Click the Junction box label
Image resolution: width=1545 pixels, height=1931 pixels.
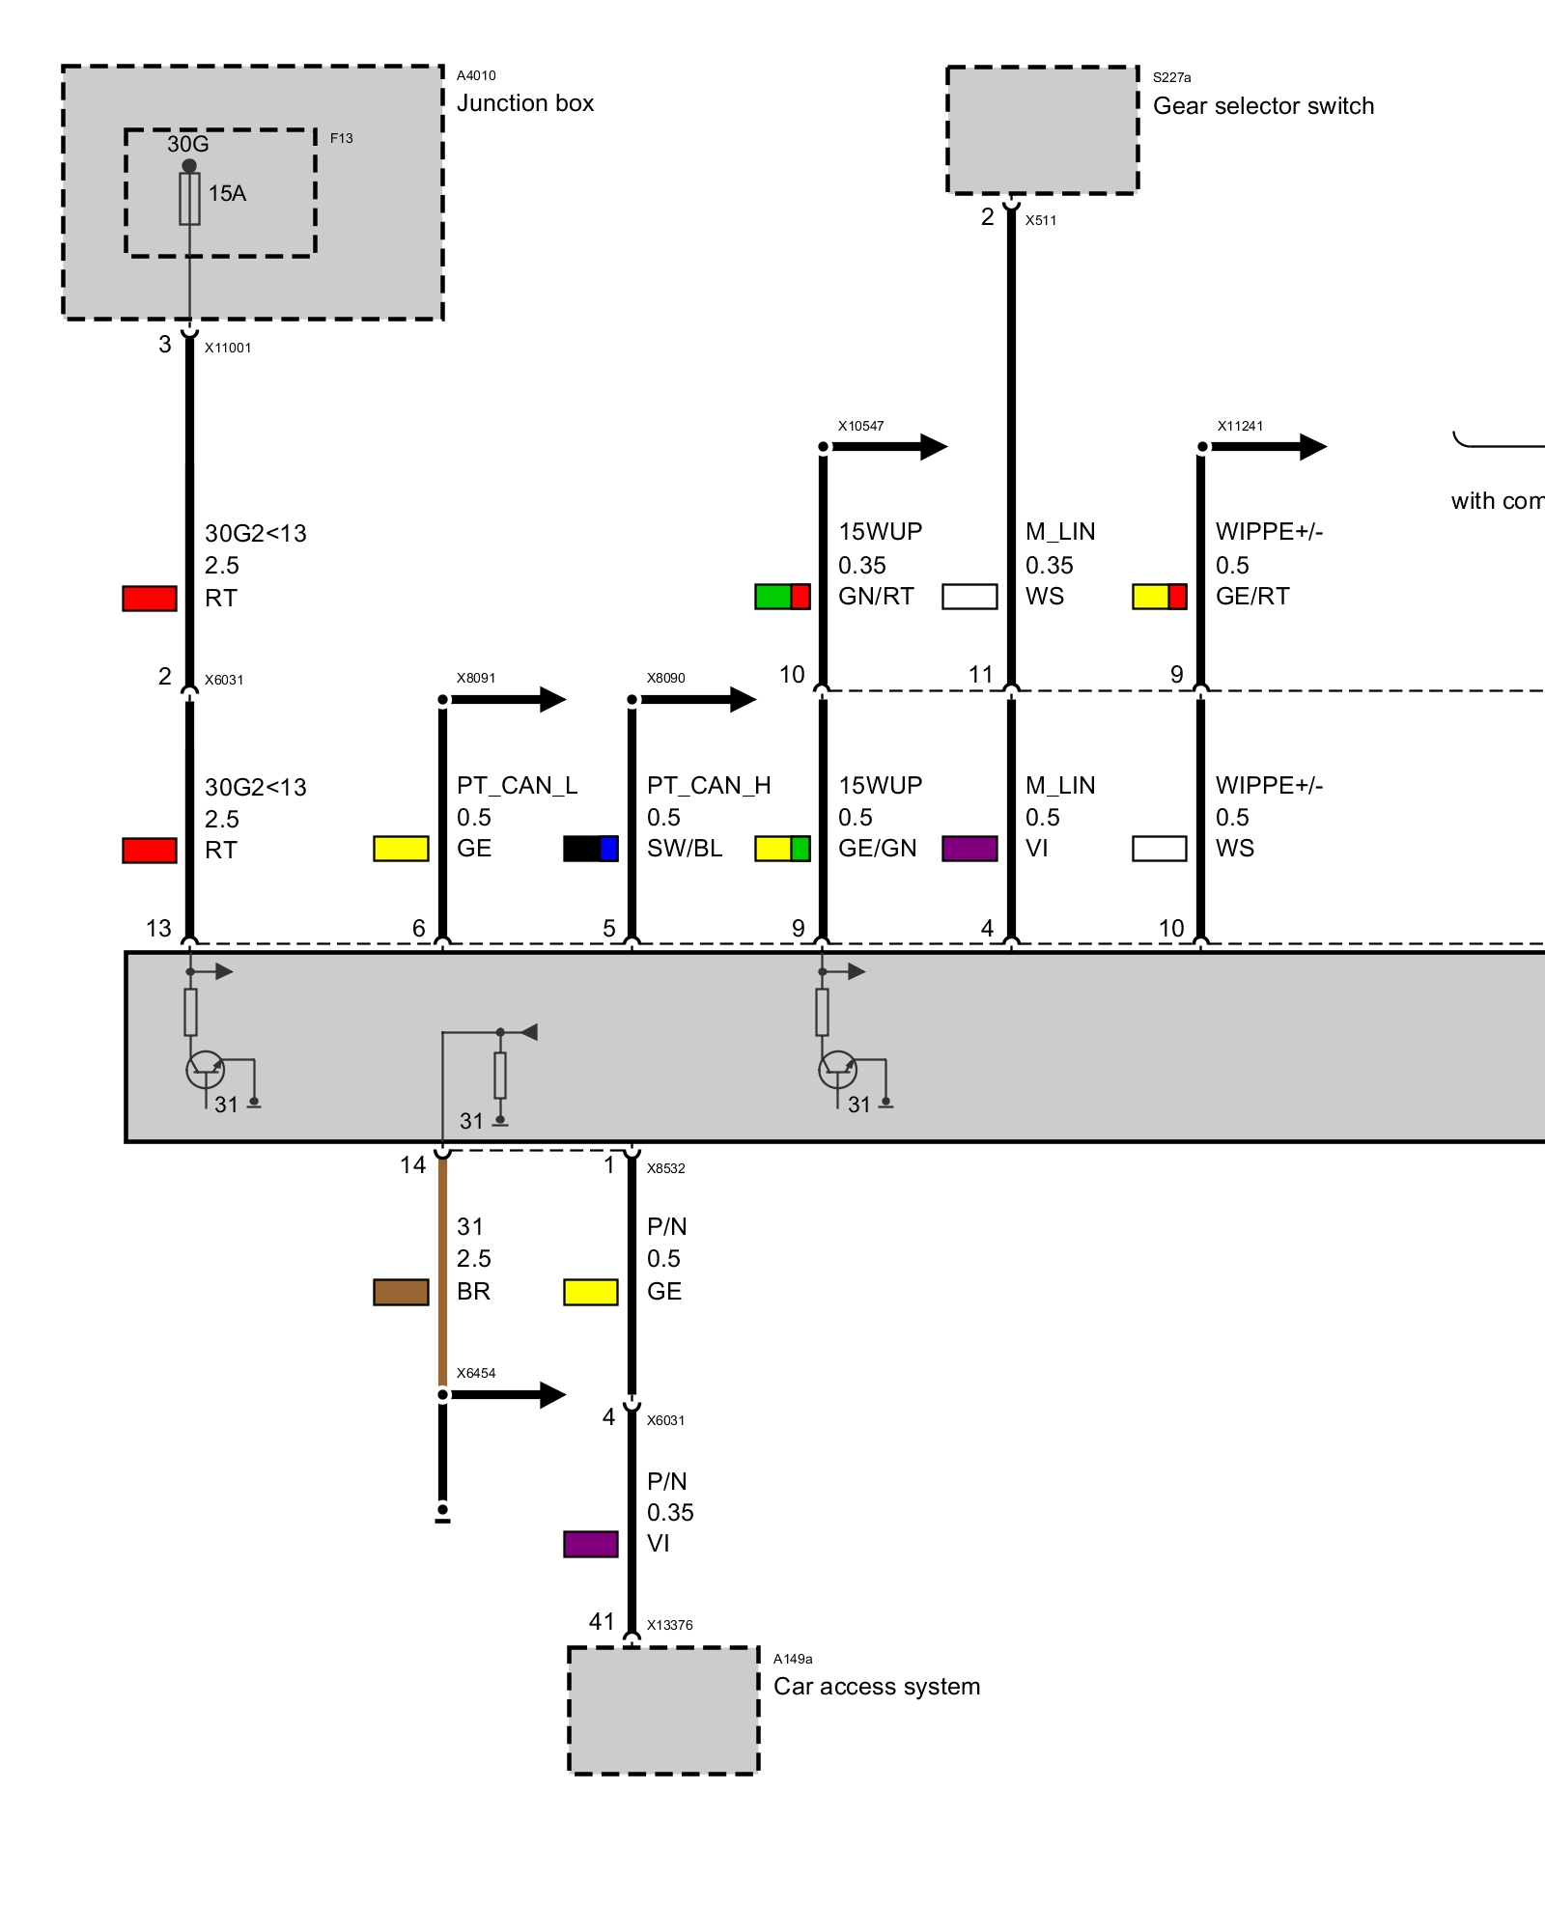524,103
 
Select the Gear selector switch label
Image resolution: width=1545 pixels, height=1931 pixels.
1263,106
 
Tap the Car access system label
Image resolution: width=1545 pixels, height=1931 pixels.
876,1687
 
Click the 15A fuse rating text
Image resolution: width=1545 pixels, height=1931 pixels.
227,193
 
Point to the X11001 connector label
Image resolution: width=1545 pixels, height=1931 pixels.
228,348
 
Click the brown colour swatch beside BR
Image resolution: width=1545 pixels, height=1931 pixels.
401,1292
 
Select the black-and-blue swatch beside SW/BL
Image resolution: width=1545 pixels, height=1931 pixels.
591,849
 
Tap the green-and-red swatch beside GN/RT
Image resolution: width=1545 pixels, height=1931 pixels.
782,597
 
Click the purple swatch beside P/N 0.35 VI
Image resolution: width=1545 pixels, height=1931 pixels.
591,1544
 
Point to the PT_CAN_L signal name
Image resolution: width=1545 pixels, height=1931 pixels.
517,785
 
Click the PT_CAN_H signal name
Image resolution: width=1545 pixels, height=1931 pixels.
709,785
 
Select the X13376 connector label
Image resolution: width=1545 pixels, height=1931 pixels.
669,1625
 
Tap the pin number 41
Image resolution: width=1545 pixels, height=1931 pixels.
602,1621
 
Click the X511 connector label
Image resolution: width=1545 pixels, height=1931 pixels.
1041,220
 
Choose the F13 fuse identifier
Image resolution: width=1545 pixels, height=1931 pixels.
342,138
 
